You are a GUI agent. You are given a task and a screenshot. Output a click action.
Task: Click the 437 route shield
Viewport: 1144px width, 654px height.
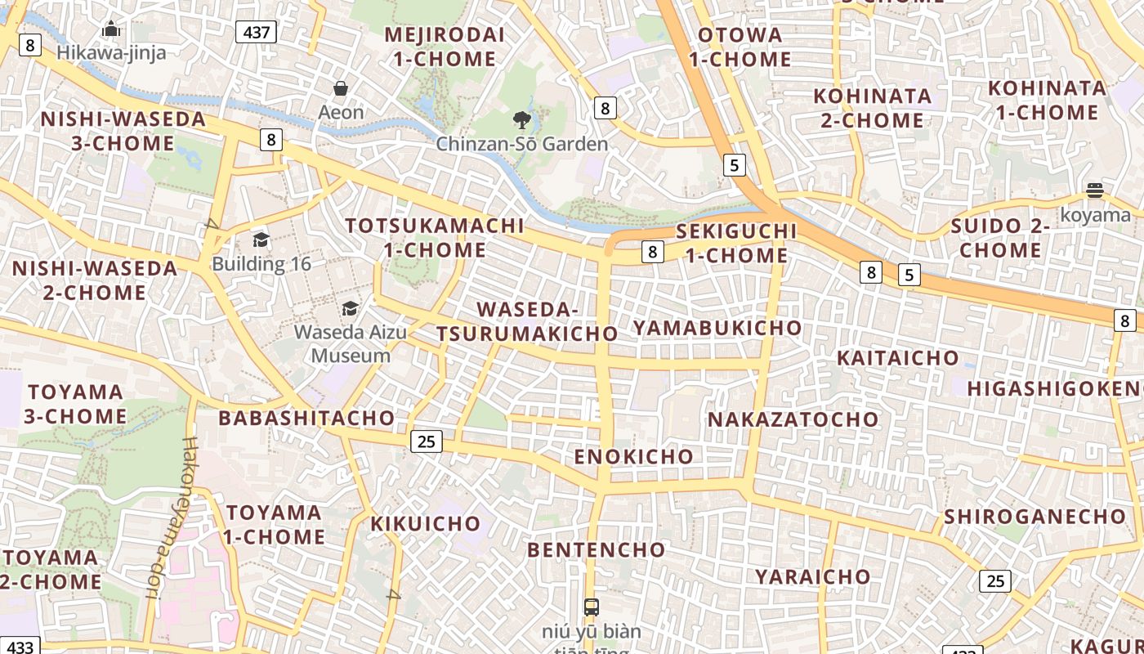click(257, 32)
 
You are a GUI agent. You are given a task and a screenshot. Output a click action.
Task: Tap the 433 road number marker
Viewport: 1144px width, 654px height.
click(19, 647)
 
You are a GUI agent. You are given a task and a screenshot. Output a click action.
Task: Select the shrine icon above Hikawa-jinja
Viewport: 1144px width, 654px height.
click(111, 29)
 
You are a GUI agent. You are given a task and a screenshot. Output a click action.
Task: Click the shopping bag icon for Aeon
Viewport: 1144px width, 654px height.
click(341, 88)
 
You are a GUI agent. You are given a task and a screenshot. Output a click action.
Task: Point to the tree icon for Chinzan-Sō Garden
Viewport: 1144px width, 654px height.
click(521, 121)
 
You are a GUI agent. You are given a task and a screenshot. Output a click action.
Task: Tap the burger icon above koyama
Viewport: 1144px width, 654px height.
click(1095, 191)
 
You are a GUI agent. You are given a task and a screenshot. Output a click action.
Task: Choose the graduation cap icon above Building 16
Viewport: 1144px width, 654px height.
click(261, 240)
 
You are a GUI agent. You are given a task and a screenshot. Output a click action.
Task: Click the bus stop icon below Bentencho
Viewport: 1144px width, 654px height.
click(592, 607)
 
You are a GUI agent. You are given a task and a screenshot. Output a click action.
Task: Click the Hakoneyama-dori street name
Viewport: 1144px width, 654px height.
click(170, 518)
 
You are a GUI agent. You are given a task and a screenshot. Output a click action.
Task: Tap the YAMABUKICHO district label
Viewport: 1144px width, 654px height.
click(717, 328)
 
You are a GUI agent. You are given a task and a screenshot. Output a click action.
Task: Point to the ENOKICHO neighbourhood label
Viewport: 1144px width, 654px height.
click(633, 456)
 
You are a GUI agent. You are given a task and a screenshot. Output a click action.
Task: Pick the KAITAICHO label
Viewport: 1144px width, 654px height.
click(897, 358)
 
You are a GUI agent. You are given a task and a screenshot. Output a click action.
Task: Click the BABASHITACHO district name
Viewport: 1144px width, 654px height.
click(306, 418)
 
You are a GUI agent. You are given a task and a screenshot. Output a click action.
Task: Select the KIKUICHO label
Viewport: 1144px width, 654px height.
click(426, 523)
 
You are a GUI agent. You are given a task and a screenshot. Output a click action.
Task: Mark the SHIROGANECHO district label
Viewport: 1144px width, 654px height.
click(1035, 517)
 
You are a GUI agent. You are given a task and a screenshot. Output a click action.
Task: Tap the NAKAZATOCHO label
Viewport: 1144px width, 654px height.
click(793, 419)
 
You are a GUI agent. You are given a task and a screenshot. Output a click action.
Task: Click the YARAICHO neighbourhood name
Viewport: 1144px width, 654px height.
click(812, 576)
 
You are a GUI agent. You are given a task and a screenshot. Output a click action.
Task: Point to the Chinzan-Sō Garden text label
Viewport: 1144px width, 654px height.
click(521, 145)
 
